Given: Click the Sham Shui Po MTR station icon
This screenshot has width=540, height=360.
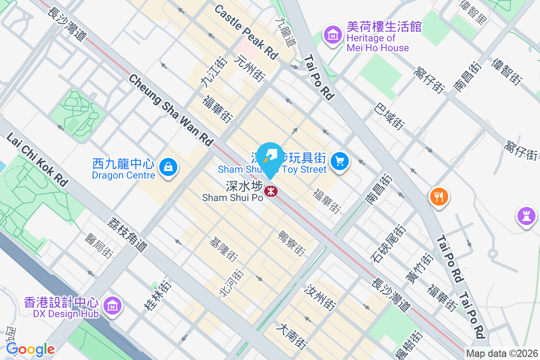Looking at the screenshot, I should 270,191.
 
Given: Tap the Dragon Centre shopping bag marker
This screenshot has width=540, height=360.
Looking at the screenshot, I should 168,167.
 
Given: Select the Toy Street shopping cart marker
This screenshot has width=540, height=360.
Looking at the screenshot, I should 339,161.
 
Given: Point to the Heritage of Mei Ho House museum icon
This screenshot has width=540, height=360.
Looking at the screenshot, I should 333,34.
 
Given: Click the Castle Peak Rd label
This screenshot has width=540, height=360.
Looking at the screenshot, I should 246,32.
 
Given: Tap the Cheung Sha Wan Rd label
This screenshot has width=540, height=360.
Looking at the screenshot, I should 171,110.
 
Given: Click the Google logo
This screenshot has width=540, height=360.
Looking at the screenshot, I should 30,349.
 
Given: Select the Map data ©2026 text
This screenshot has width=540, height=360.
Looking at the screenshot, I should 502,354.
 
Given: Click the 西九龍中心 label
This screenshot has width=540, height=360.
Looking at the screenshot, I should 123,163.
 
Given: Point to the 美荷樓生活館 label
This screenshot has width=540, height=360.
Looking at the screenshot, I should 384,27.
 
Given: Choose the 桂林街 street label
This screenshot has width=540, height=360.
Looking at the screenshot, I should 157,295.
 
